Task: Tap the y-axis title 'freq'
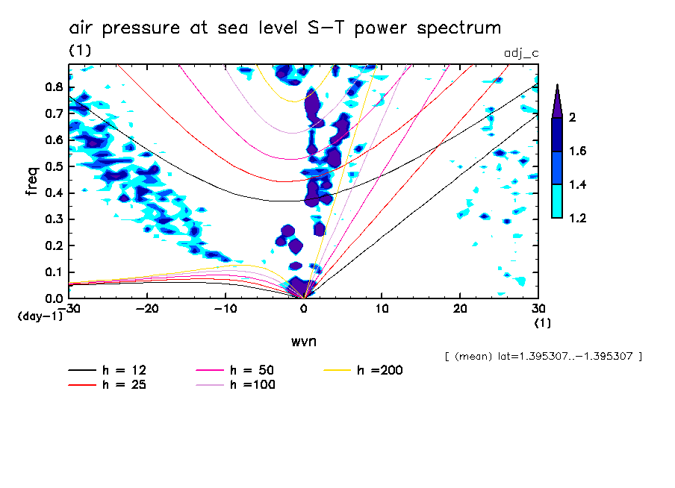click(31, 181)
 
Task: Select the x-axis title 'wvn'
click(303, 341)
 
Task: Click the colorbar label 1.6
click(577, 151)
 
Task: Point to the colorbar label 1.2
click(577, 219)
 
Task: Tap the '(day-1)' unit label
click(40, 316)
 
